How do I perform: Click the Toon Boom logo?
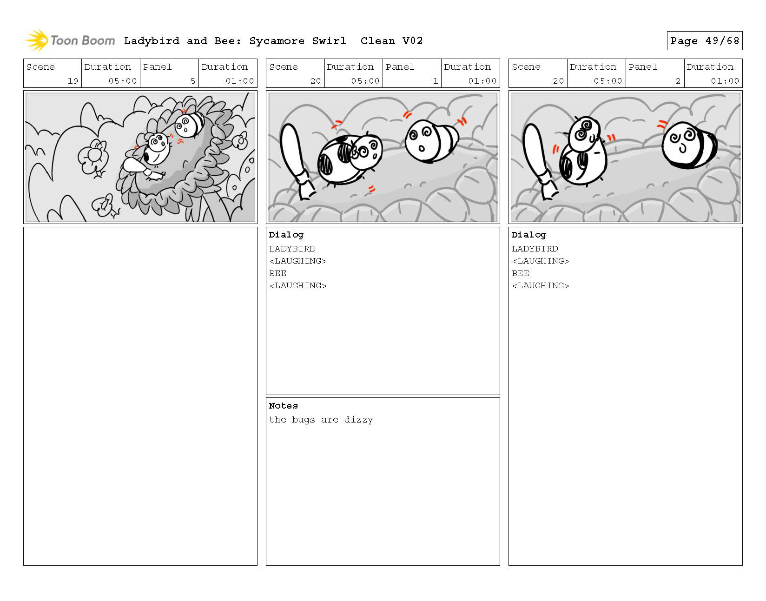pos(70,40)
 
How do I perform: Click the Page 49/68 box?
pos(704,40)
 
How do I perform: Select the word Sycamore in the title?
pos(277,41)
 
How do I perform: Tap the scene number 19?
pos(73,81)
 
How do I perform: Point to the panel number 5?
pos(192,81)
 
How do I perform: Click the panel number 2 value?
pos(678,81)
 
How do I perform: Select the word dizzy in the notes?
pos(358,419)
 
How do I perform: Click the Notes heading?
pos(283,405)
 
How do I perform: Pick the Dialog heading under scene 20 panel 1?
pos(286,235)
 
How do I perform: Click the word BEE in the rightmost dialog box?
pos(520,273)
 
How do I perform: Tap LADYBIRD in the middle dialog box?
pos(292,249)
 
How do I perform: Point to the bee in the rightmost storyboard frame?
pos(689,145)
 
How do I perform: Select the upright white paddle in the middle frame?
pos(297,161)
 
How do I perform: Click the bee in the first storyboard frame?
pos(189,125)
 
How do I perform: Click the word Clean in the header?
pos(377,41)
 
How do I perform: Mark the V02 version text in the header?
pos(412,41)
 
